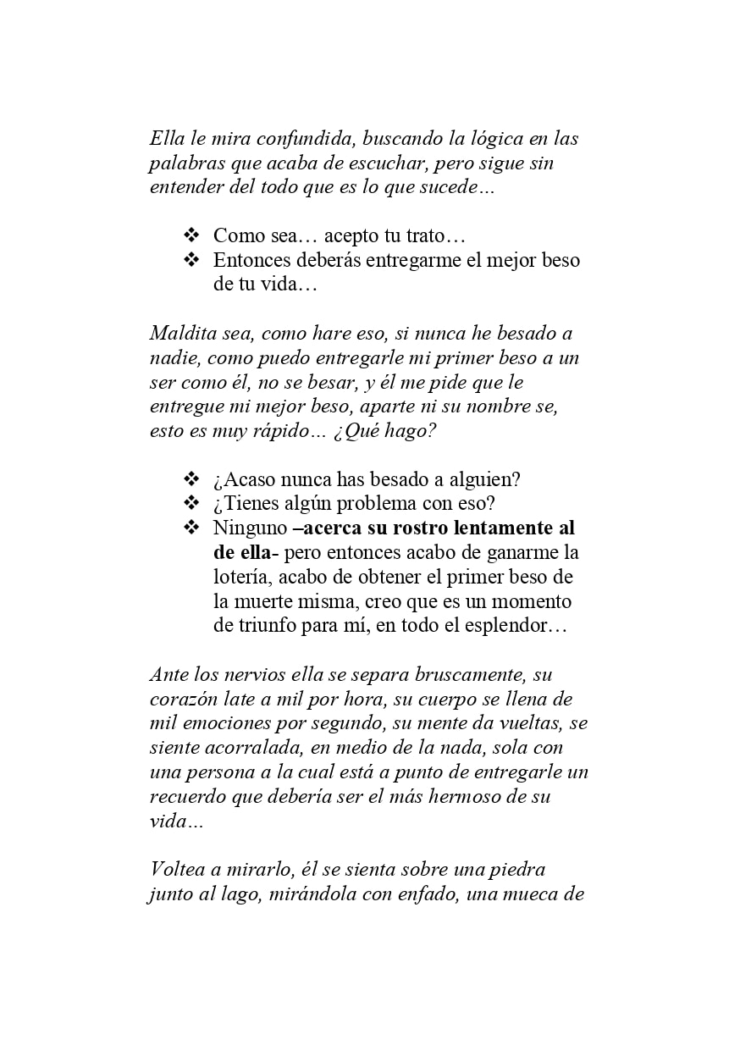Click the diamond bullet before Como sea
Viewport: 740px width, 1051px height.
(x=191, y=235)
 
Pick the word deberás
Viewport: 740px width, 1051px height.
(x=322, y=260)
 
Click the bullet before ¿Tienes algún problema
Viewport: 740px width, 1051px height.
(x=191, y=503)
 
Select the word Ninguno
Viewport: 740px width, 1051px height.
(x=249, y=528)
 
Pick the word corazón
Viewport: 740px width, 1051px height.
(x=183, y=700)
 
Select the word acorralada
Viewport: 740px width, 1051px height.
(x=257, y=749)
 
